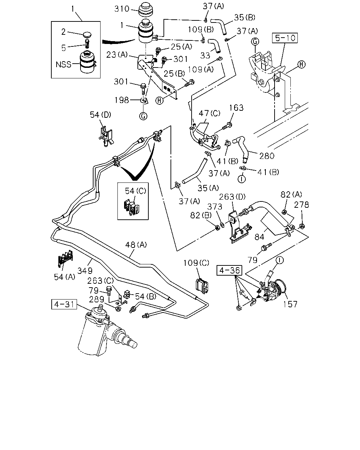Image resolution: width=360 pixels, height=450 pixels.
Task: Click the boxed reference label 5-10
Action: tap(285, 38)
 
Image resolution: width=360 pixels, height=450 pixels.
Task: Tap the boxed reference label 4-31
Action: tap(64, 304)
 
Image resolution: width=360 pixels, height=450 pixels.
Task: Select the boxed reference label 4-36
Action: tap(229, 270)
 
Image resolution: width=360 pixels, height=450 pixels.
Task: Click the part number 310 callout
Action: tap(122, 9)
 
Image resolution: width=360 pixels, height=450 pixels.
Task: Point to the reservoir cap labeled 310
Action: tap(146, 9)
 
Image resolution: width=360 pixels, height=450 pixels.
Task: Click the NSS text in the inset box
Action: tap(63, 64)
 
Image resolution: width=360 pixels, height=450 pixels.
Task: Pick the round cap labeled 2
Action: tap(88, 35)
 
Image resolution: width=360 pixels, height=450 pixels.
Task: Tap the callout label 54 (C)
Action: tap(136, 191)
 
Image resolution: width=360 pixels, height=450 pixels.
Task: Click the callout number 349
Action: tap(85, 271)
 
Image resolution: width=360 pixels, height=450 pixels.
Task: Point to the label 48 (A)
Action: tap(136, 245)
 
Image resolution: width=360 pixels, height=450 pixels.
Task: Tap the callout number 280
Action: tap(267, 156)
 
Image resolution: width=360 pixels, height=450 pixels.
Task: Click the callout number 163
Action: tap(236, 108)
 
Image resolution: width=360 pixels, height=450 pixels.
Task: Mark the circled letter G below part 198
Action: tap(143, 116)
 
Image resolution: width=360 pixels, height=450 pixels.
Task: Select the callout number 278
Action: tap(301, 205)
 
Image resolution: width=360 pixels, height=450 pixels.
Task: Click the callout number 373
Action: tap(214, 207)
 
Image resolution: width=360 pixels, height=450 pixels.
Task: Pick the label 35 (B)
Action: tap(245, 17)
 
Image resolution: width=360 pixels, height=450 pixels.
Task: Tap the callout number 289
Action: tap(97, 300)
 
